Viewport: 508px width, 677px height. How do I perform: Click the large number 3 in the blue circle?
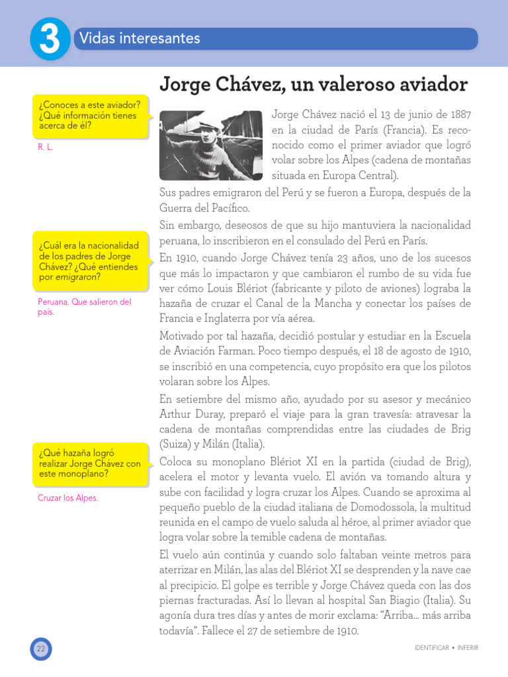coord(50,40)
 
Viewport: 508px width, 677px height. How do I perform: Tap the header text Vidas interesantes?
coord(139,38)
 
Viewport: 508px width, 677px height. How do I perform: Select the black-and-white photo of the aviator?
coord(211,145)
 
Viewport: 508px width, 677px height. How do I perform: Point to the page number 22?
coord(40,649)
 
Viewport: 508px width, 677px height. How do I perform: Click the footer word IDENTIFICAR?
coord(429,647)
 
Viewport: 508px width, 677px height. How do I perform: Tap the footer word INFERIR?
coord(466,647)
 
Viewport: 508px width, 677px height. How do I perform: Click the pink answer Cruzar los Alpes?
coord(68,498)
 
